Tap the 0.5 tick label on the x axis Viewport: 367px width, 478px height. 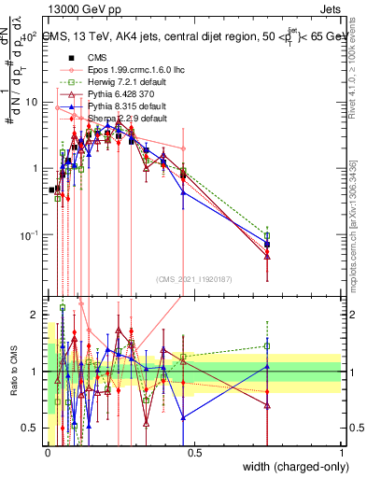(194, 451)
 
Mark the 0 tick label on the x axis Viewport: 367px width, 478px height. (47, 451)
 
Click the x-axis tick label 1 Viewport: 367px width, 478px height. (342, 451)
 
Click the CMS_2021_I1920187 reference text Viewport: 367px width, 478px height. (193, 277)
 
